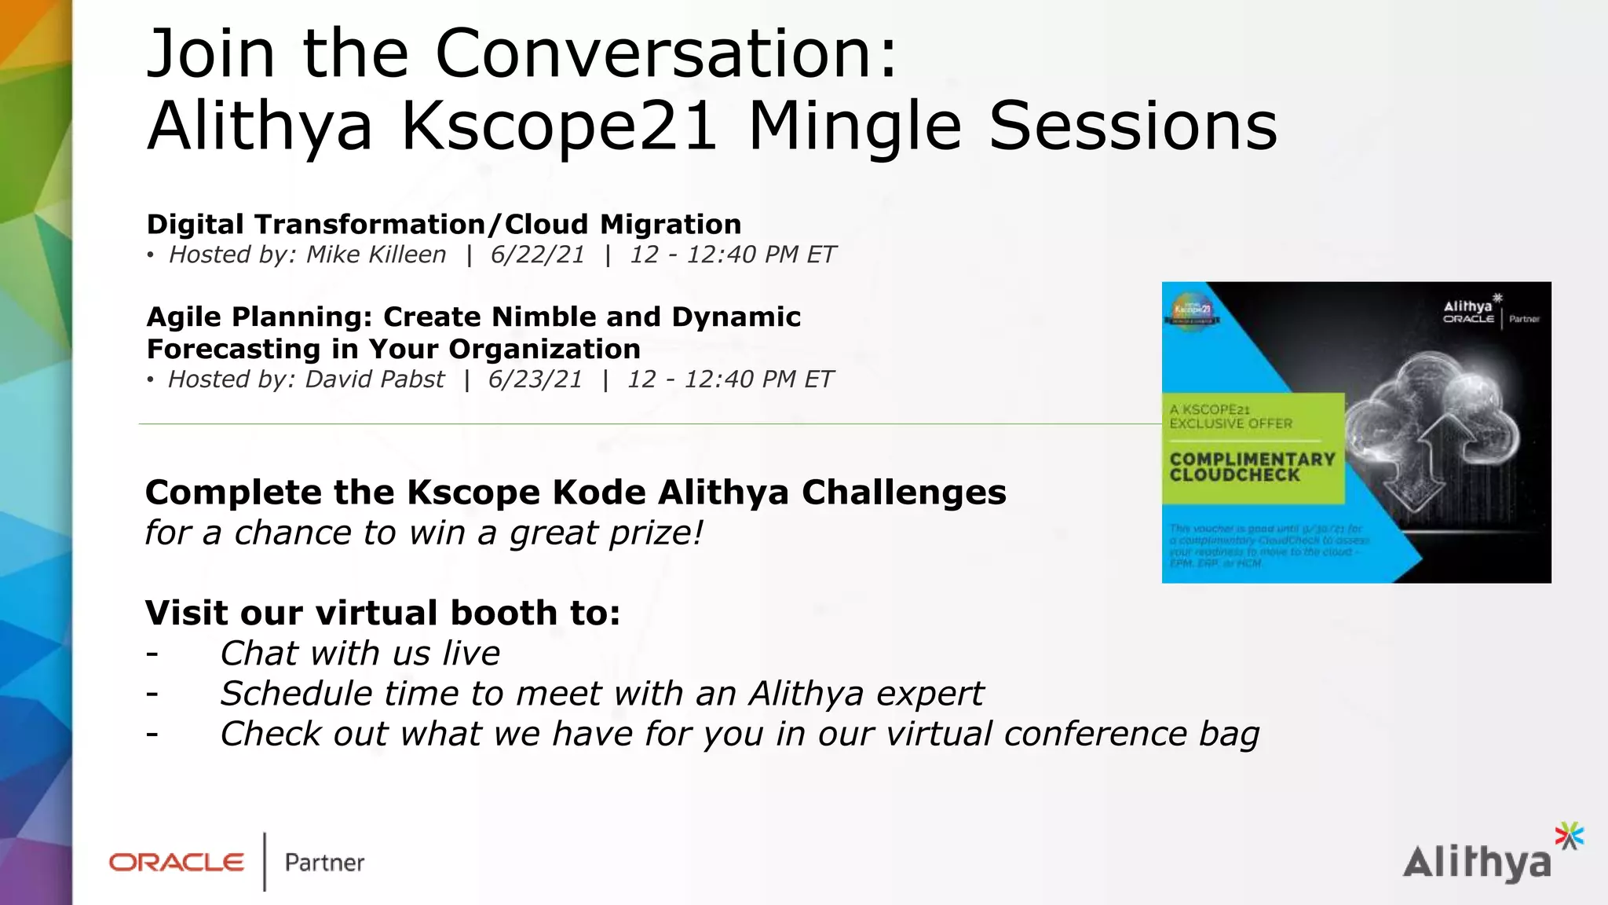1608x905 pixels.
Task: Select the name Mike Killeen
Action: click(x=376, y=255)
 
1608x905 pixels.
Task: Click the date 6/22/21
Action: click(x=538, y=255)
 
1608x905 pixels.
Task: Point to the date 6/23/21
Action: click(x=535, y=379)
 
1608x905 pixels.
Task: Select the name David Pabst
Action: click(x=375, y=379)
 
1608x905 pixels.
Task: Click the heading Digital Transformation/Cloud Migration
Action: click(x=444, y=225)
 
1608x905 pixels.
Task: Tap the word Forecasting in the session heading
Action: click(x=234, y=349)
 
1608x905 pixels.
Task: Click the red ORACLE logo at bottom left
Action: click(x=177, y=863)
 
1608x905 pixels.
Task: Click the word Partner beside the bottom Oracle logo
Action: click(x=324, y=863)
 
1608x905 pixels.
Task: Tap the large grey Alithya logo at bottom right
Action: click(x=1476, y=863)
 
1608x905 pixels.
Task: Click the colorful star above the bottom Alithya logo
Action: click(x=1569, y=836)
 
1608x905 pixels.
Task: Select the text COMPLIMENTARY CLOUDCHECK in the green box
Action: click(x=1252, y=467)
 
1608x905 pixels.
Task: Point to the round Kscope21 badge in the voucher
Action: click(x=1193, y=311)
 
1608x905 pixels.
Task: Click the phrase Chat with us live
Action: click(x=360, y=654)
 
